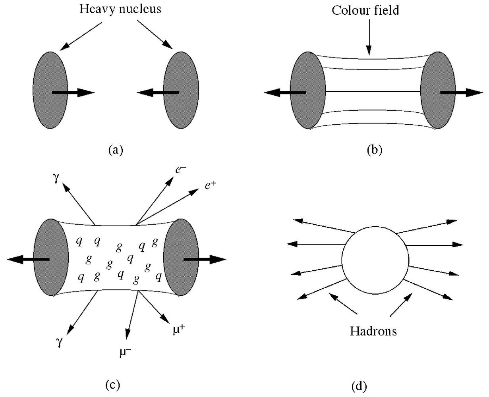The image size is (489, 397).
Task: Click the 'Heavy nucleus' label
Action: pos(120,9)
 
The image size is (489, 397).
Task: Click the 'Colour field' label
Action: pos(365,10)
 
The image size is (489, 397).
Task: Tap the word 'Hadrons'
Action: pos(373,331)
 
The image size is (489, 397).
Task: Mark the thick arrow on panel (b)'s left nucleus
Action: pos(284,93)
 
